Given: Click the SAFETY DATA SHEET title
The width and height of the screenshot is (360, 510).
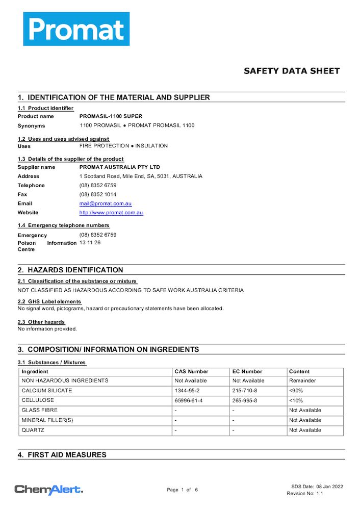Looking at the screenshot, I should pyautogui.click(x=291, y=71).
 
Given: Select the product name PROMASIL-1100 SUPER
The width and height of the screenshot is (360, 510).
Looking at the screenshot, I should pyautogui.click(x=111, y=116).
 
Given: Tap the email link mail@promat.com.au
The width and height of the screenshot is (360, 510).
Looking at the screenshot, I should pyautogui.click(x=105, y=203).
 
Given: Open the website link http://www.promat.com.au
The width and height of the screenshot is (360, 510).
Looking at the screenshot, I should pyautogui.click(x=111, y=213).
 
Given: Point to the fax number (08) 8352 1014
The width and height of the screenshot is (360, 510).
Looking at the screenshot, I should pyautogui.click(x=98, y=194).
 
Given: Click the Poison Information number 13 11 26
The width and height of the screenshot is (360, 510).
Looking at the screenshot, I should pyautogui.click(x=90, y=243).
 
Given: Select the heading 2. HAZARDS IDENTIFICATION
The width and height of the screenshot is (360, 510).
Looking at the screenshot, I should pyautogui.click(x=70, y=270).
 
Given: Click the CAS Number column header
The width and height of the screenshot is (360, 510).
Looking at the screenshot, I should pyautogui.click(x=191, y=372).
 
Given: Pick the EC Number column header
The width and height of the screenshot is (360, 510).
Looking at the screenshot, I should pyautogui.click(x=247, y=372).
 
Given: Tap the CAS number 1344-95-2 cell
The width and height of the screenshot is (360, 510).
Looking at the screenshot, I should pyautogui.click(x=188, y=391).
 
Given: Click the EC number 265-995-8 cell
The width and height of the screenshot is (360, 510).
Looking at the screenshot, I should pyautogui.click(x=245, y=400).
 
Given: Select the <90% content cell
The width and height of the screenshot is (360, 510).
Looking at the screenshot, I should pyautogui.click(x=296, y=391).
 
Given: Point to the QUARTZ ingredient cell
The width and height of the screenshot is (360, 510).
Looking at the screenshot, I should pyautogui.click(x=33, y=430).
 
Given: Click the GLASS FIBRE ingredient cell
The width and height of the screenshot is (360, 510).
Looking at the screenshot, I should pyautogui.click(x=39, y=410).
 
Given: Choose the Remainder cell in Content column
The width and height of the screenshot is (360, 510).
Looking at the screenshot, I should pyautogui.click(x=302, y=380).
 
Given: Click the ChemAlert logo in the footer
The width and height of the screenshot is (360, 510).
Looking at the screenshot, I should pyautogui.click(x=48, y=490).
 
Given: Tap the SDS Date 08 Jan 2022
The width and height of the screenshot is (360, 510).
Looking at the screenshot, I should pyautogui.click(x=317, y=487).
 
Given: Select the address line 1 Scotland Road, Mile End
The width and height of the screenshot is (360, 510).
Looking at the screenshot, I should pyautogui.click(x=141, y=176).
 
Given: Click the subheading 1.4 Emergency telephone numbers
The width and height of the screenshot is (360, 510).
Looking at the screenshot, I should pyautogui.click(x=64, y=225).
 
